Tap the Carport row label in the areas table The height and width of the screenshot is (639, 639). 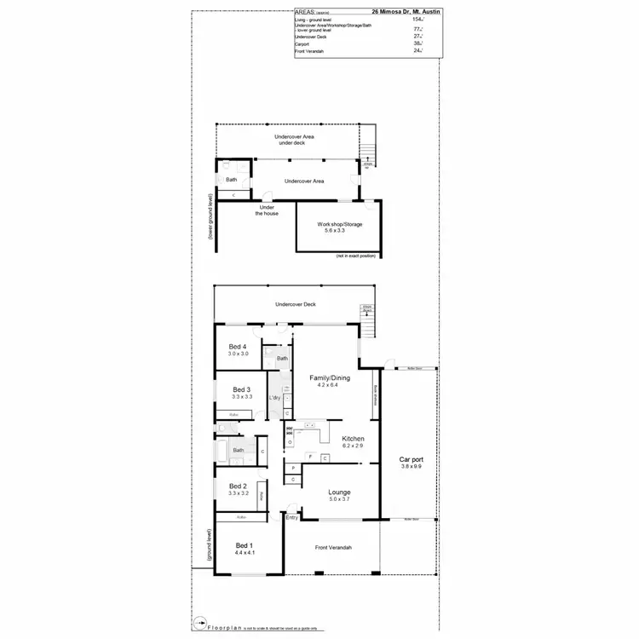pos(302,44)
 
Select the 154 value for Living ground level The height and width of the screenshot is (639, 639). pos(417,19)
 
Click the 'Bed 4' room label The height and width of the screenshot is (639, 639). pos(238,346)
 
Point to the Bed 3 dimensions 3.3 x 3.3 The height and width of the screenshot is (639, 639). pos(242,397)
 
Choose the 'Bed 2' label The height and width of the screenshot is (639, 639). pos(238,486)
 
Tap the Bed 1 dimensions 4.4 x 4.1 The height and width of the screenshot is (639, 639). pos(245,553)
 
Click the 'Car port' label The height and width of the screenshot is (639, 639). pos(412,459)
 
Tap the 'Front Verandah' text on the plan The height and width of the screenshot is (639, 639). pos(333,548)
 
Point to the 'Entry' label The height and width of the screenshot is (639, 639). pos(292,517)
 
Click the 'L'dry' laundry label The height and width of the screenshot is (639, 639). pos(275,398)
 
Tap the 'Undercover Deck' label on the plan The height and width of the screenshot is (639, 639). pos(296,304)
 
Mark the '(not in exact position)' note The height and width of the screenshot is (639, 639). pos(355,256)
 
